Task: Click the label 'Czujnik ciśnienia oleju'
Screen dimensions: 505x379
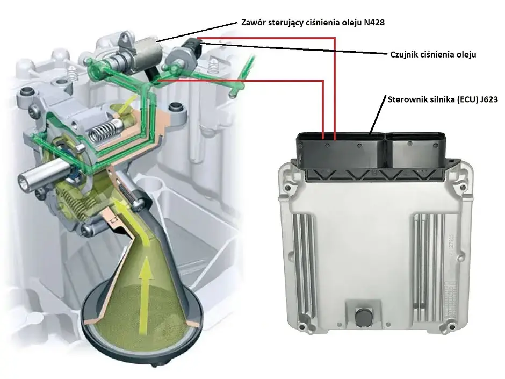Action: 433,54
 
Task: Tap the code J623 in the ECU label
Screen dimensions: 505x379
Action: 488,99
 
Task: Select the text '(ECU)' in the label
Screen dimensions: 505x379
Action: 466,99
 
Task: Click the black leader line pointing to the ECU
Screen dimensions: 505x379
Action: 378,115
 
